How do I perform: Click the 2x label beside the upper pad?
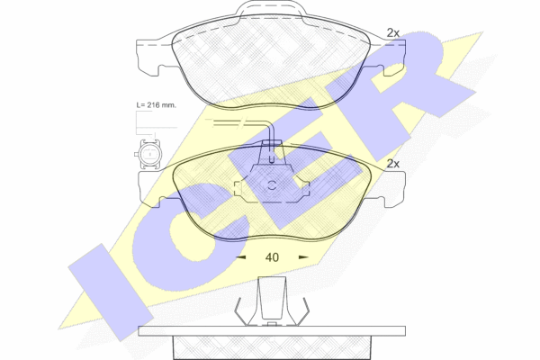coord(392,33)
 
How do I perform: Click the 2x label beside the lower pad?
coord(392,164)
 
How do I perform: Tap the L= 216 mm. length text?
coord(156,105)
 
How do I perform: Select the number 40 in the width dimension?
coord(272,257)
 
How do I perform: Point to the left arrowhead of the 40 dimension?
coord(240,257)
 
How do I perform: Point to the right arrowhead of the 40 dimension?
coord(303,257)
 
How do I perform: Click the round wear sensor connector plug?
coord(148,155)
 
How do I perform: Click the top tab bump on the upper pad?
coord(271,8)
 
